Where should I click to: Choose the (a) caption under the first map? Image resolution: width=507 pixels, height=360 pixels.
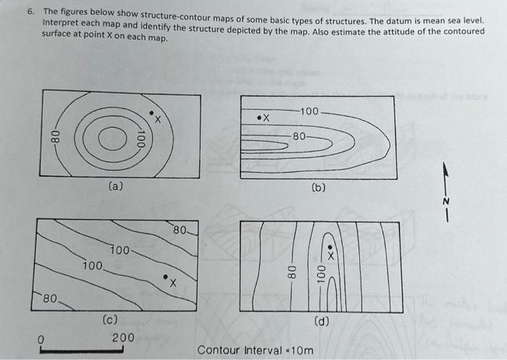click(116, 186)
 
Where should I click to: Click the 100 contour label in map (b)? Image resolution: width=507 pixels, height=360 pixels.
click(309, 112)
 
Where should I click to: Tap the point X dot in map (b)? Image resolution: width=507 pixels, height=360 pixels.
click(259, 117)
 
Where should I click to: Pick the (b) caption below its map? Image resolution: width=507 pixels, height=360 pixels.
click(318, 187)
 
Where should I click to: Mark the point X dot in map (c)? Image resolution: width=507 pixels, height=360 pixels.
click(165, 277)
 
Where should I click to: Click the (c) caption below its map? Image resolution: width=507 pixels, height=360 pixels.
click(111, 319)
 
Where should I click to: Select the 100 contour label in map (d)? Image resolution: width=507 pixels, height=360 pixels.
click(319, 275)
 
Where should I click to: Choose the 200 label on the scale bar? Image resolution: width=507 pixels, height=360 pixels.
click(122, 338)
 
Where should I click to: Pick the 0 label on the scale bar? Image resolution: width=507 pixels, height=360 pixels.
click(41, 338)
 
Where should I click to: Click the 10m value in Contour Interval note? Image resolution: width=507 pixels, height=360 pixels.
click(303, 351)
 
